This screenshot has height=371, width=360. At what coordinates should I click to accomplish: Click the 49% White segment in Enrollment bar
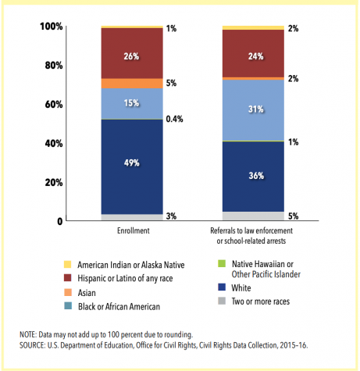(132, 167)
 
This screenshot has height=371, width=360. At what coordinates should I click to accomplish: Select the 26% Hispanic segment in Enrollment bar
(132, 53)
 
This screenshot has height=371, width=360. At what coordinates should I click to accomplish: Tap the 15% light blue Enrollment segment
(132, 104)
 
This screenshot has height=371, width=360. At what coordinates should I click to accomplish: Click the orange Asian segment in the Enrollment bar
(132, 84)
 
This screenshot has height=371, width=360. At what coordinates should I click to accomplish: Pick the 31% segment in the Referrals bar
(253, 110)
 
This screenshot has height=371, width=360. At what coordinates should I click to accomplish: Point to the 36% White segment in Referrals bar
(253, 177)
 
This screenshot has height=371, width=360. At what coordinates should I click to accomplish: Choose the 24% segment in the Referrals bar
(253, 54)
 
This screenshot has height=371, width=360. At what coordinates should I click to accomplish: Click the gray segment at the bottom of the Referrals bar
(253, 216)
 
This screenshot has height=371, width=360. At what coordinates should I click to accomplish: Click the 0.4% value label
(174, 119)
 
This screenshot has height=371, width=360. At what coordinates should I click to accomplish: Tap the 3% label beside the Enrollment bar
(171, 216)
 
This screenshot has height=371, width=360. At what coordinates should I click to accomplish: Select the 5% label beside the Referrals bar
(293, 216)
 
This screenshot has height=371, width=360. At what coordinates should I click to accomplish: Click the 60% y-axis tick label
(54, 105)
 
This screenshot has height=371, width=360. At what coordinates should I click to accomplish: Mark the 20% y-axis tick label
(54, 183)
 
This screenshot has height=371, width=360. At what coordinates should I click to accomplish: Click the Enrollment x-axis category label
(134, 230)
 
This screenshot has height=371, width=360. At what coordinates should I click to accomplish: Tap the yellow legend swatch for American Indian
(68, 264)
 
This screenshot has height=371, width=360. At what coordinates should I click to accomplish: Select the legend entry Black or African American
(112, 306)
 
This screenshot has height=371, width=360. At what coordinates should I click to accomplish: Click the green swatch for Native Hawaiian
(222, 264)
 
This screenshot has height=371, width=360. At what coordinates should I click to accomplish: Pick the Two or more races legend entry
(254, 301)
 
